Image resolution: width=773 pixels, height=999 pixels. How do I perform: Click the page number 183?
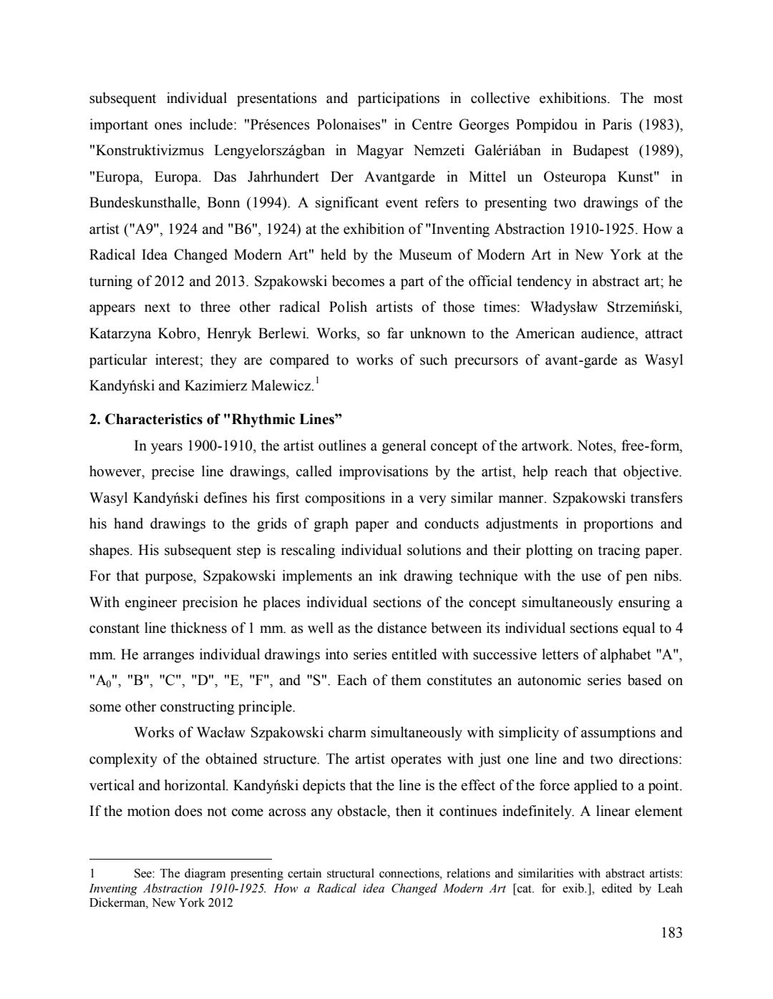click(x=671, y=932)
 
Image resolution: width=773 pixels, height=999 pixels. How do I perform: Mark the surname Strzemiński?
click(x=644, y=307)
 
